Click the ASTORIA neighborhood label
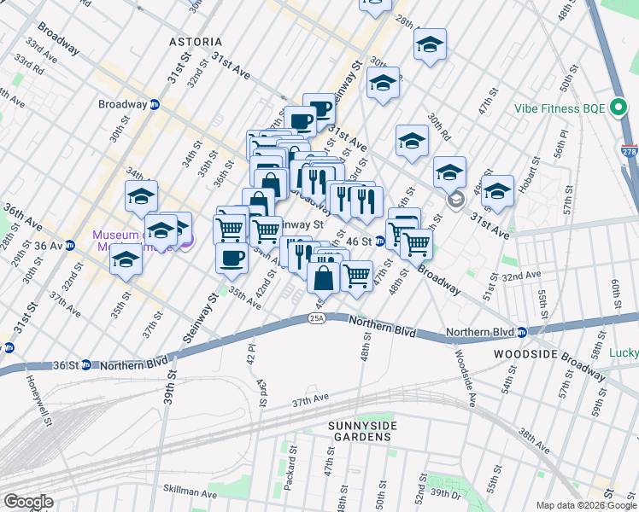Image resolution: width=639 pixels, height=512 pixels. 196,42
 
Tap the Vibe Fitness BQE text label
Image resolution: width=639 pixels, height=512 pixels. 560,109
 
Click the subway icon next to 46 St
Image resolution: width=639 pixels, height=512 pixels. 380,241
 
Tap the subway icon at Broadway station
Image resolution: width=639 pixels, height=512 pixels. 155,105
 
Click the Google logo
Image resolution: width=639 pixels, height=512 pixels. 29,502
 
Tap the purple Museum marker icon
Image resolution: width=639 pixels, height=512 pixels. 186,241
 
